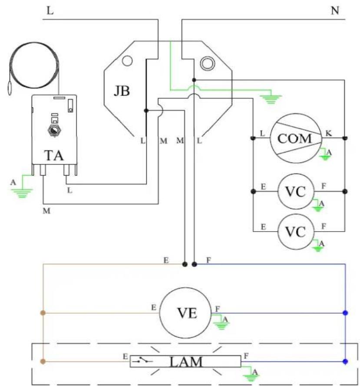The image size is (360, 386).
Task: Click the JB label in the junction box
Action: [x=122, y=91]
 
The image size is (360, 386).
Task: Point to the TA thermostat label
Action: [x=54, y=156]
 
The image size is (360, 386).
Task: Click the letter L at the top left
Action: [x=50, y=10]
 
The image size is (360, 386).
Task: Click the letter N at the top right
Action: [x=335, y=10]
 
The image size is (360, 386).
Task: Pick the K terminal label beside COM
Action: [x=329, y=134]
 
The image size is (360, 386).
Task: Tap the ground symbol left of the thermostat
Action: [x=22, y=193]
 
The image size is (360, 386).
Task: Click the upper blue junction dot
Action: [x=345, y=313]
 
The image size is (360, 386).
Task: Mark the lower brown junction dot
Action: [x=43, y=361]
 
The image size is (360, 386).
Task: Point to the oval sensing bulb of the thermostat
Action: [x=10, y=88]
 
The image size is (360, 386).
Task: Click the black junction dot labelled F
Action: [x=194, y=265]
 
